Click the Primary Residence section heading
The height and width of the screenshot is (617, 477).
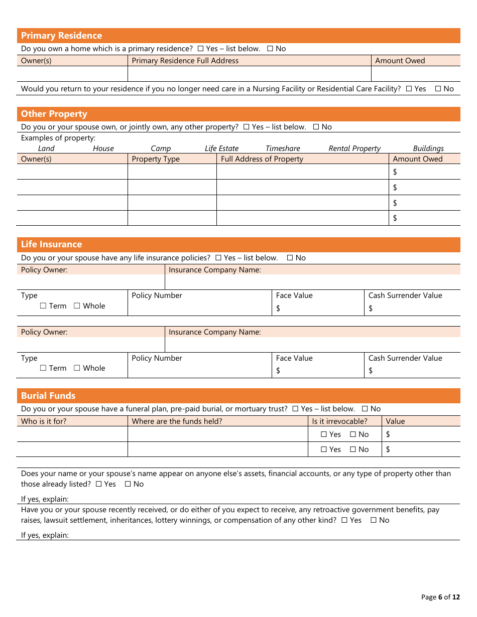(x=61, y=36)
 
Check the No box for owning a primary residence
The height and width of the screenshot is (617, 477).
(x=270, y=49)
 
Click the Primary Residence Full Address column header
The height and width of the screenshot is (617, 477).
(x=185, y=61)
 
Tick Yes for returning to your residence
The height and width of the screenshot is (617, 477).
(x=409, y=89)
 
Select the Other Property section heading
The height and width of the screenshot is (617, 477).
(x=54, y=114)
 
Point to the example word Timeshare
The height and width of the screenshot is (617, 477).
(x=283, y=148)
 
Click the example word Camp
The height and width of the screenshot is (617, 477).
(x=161, y=148)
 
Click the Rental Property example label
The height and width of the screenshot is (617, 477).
(x=354, y=148)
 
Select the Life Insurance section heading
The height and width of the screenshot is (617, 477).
(x=51, y=244)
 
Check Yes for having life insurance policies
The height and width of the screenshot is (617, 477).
(x=218, y=258)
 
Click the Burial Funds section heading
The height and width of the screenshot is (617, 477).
(x=48, y=396)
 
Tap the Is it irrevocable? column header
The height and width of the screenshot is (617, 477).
(x=339, y=421)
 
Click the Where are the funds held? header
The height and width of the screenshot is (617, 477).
(x=177, y=421)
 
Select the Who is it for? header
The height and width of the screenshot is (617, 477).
(x=44, y=421)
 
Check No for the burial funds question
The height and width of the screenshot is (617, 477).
(x=365, y=409)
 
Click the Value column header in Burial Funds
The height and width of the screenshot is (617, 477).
(x=395, y=421)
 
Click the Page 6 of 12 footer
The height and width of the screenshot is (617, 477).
(x=440, y=597)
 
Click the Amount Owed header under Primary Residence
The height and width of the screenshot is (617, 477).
(x=400, y=61)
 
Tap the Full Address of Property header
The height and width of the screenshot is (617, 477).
(x=262, y=159)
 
